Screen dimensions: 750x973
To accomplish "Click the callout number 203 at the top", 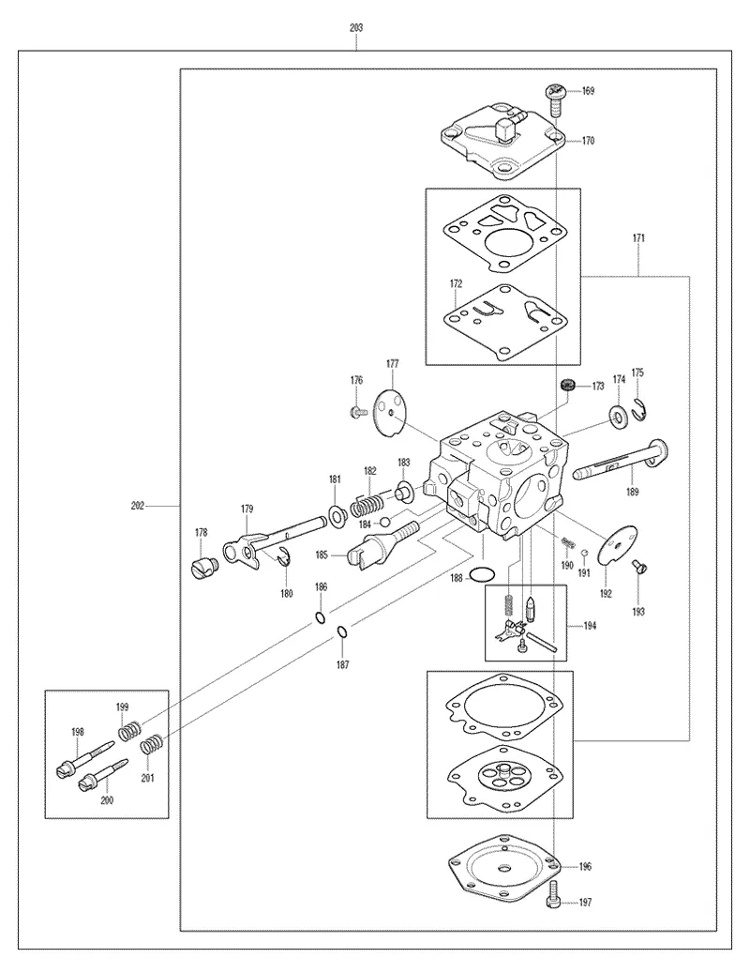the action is (x=356, y=28).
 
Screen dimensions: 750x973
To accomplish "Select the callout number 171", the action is (x=638, y=237).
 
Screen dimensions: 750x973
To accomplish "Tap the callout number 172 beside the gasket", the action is (x=457, y=283).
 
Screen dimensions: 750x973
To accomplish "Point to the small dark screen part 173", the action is (x=567, y=385).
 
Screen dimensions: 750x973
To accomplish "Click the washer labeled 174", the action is (x=619, y=417).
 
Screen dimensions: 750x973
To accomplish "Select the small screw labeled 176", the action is (x=358, y=411).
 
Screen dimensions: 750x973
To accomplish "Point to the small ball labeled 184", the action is (x=384, y=521).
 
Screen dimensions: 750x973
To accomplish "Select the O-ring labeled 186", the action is (x=320, y=617).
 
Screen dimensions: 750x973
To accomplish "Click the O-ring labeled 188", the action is (x=482, y=574).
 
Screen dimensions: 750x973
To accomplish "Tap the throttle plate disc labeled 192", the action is (x=618, y=545).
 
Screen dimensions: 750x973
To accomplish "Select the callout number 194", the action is (x=590, y=626).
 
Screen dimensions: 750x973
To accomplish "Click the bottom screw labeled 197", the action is (x=553, y=895).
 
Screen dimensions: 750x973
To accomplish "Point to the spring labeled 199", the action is (x=130, y=729).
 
